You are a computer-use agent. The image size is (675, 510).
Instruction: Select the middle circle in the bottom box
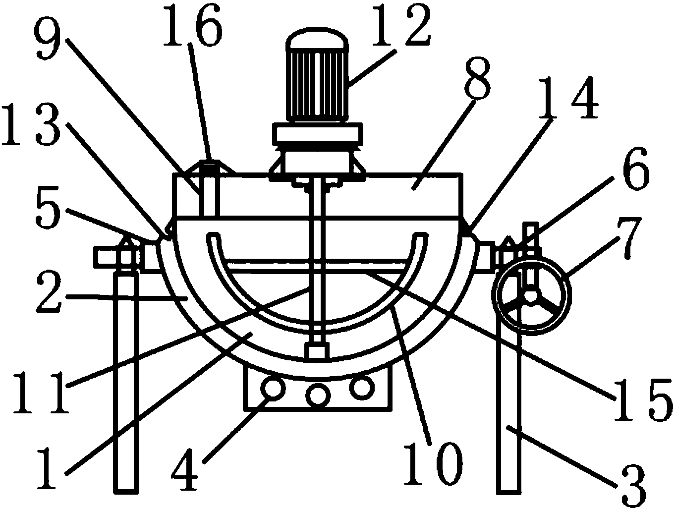[x=317, y=395]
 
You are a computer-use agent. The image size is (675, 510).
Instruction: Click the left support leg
[x=124, y=382]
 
